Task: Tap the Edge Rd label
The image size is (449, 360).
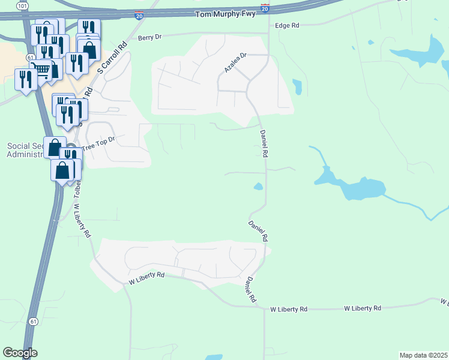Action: pos(286,26)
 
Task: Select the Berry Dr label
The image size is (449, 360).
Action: pos(149,37)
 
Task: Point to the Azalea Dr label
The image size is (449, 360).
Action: pos(235,62)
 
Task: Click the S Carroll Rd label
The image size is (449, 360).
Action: pos(123,54)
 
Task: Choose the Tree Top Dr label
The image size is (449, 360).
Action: pos(97,143)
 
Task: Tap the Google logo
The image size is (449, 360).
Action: pos(20,353)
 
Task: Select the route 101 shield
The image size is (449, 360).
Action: pos(22,5)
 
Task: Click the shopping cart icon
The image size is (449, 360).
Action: pos(41,69)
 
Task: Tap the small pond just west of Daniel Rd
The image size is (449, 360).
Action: pos(259,187)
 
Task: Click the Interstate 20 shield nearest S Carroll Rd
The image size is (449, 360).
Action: pos(139,17)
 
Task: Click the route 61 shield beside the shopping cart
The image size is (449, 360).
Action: pos(29,56)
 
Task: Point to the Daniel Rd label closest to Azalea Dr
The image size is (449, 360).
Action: pos(264,145)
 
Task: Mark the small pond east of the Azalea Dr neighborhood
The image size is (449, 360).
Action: pos(297,87)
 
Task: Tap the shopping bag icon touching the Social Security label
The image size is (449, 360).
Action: pos(55,148)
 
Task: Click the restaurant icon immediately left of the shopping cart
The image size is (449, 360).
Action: pos(26,80)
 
